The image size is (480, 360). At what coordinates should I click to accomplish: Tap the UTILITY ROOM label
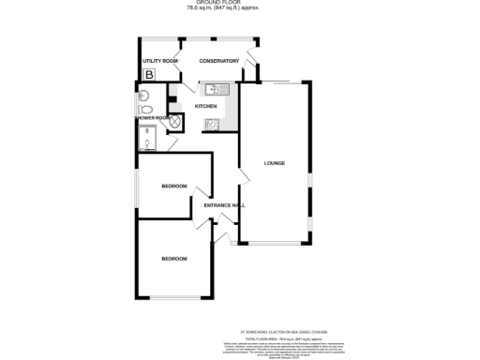[158, 61]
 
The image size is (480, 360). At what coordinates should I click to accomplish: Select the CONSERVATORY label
[218, 61]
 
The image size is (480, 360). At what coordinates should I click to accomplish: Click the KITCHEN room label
[205, 106]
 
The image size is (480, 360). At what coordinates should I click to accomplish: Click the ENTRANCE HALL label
[225, 205]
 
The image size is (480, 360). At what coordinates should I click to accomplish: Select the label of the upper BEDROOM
[173, 186]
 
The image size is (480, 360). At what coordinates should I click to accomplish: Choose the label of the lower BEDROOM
[173, 258]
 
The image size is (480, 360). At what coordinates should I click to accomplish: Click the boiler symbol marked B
[147, 74]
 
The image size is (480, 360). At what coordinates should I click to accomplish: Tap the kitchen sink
[213, 90]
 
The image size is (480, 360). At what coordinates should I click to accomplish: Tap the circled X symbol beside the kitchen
[174, 123]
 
